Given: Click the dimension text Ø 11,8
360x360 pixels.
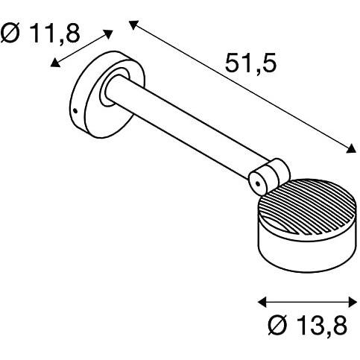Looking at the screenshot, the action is [40, 33].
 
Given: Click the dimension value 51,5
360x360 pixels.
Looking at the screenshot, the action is [250, 63].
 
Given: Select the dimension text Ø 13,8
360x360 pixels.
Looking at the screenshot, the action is [307, 325].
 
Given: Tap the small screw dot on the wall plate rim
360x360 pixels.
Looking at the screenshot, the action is [75, 111].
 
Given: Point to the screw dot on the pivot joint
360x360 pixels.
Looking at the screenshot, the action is [258, 184].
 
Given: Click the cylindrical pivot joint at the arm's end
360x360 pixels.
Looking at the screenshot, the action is [269, 177].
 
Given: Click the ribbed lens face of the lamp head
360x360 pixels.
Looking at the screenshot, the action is [308, 207].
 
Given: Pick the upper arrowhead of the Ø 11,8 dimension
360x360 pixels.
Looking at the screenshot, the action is [108, 34].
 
